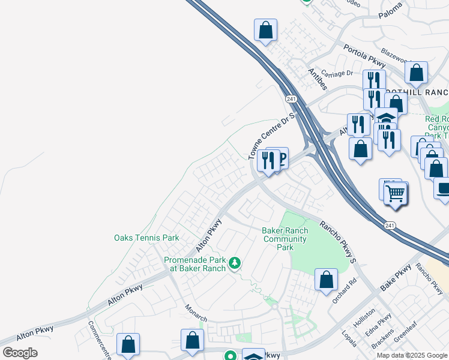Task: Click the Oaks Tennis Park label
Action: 146,238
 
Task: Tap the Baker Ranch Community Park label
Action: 286,239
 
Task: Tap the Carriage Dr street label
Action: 339,74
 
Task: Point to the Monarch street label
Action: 195,313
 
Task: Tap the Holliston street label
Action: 364,317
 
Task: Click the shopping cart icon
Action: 396,193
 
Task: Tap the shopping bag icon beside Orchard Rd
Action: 326,279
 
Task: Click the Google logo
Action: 20,353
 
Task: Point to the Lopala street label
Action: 349,337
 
